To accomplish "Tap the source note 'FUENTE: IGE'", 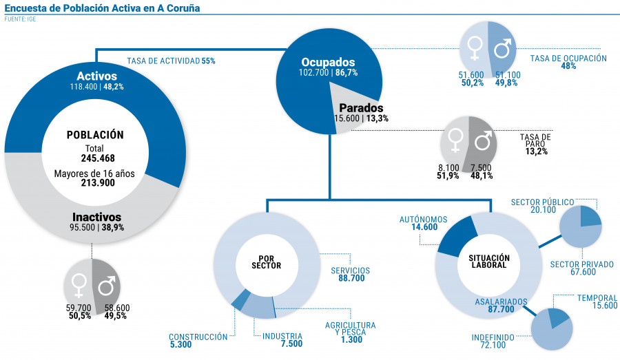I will click(20, 19).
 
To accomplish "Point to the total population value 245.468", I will click(94, 158).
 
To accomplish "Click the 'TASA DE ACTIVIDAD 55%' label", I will click(171, 61).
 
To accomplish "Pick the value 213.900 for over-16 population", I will click(94, 183).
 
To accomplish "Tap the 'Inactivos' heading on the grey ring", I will click(96, 216).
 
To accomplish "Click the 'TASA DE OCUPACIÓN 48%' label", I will click(568, 62).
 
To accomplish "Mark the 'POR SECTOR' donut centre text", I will click(265, 262).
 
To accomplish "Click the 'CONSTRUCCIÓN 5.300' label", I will click(198, 341).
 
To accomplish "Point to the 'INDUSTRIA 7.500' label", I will click(282, 341).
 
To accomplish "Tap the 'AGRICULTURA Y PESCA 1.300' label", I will click(350, 332).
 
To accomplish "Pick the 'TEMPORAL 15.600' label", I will click(597, 302).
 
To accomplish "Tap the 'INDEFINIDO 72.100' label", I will click(493, 341).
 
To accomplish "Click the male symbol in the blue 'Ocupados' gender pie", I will click(504, 47).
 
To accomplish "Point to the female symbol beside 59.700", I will click(80, 284).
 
